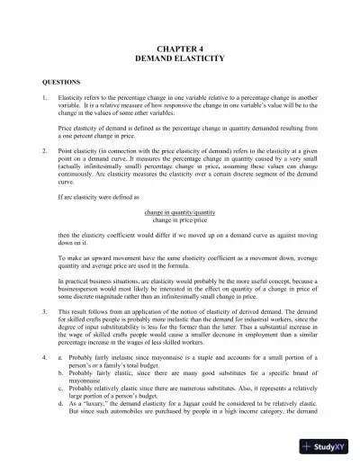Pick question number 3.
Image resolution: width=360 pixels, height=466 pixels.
[x=32, y=309]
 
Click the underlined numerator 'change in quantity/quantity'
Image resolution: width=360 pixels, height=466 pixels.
[x=180, y=211]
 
